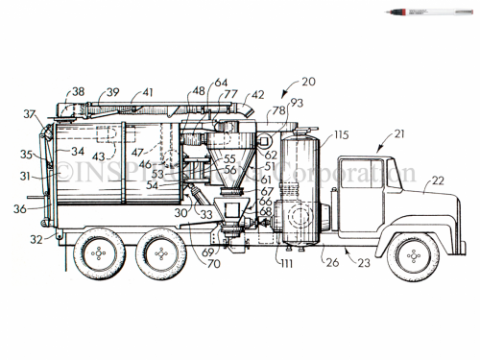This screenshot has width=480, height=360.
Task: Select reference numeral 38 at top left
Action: [78, 92]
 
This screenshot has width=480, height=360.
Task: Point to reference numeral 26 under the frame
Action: [331, 261]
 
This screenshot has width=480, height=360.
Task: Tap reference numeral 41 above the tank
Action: [148, 92]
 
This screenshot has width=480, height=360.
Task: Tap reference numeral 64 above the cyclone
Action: [221, 83]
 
